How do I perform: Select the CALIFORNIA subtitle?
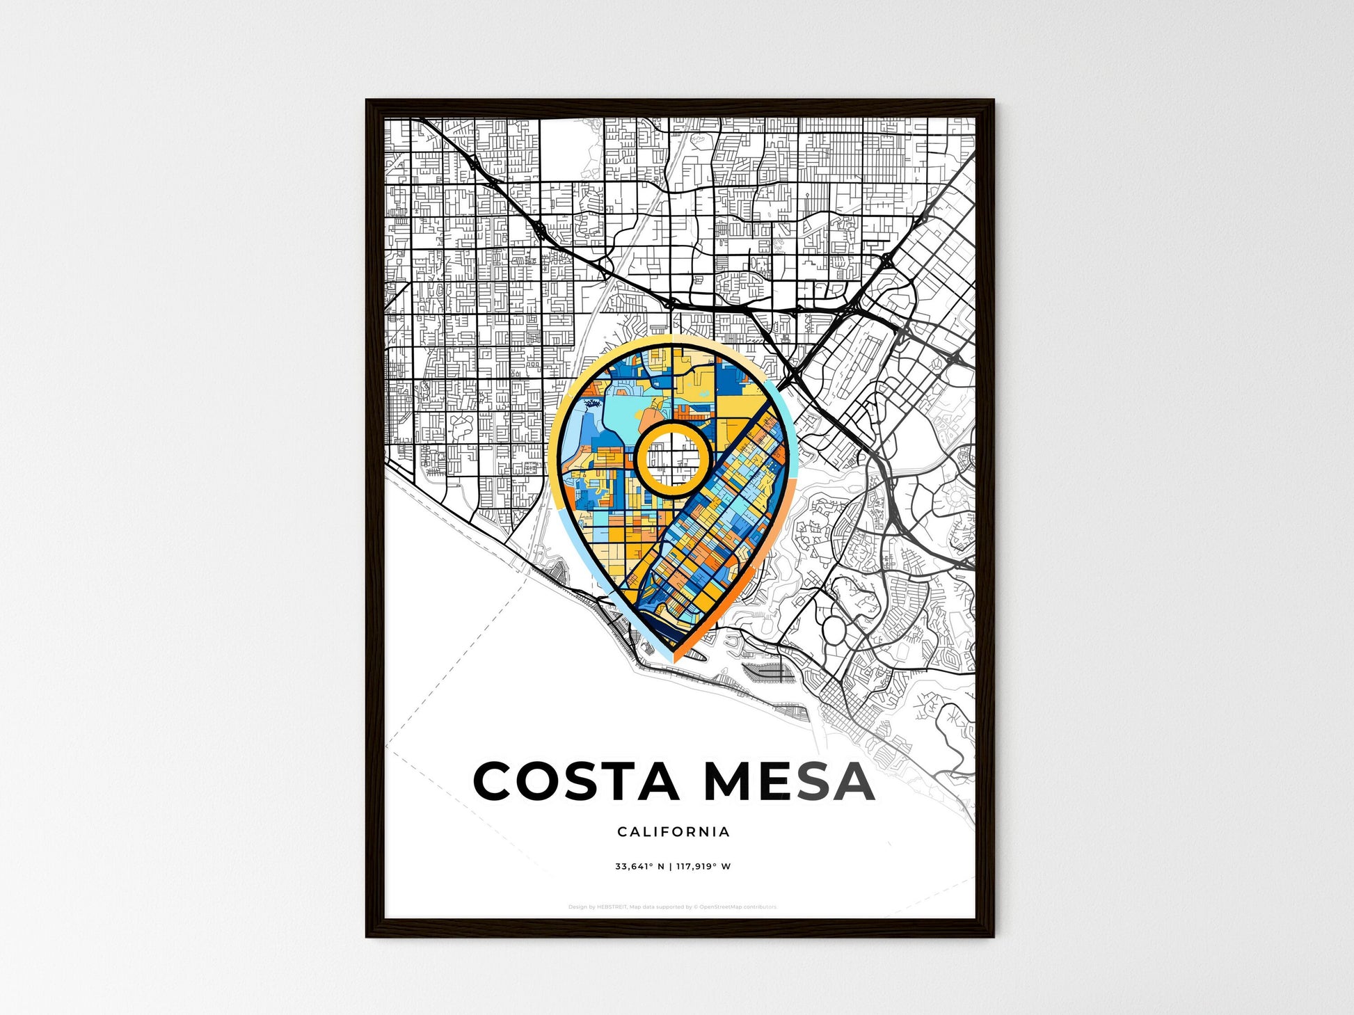[x=674, y=831]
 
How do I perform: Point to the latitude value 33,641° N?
[x=639, y=866]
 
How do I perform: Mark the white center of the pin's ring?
[x=673, y=458]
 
